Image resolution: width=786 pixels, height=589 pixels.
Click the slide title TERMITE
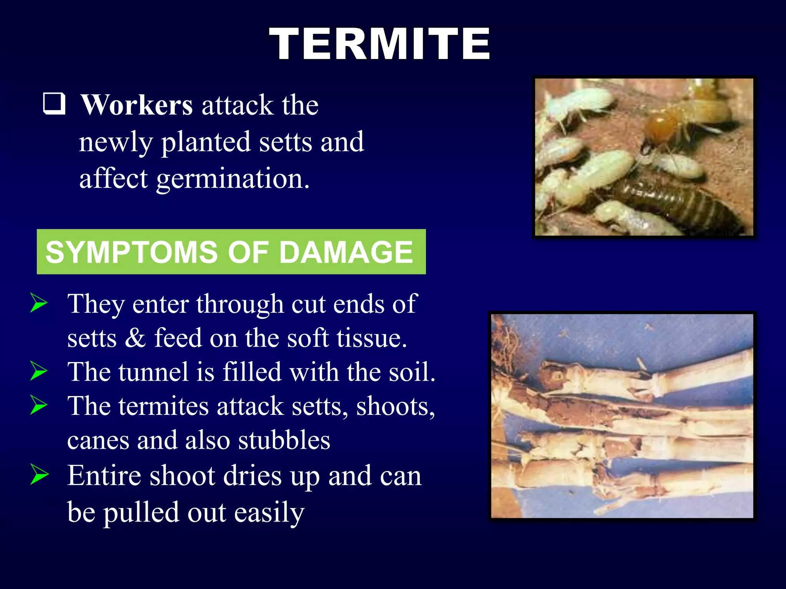pos(379,44)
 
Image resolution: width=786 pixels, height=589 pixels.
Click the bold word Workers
pos(137,105)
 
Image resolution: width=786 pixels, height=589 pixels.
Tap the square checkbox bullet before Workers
pos(54,104)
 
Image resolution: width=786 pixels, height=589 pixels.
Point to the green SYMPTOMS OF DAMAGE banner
pos(231,252)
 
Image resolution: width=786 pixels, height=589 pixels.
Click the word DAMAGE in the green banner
pos(345,252)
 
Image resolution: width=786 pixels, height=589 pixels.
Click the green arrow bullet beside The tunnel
pos(39,371)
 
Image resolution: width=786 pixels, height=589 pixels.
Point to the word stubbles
pos(284,440)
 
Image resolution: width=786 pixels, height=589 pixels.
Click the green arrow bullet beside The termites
pos(39,405)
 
